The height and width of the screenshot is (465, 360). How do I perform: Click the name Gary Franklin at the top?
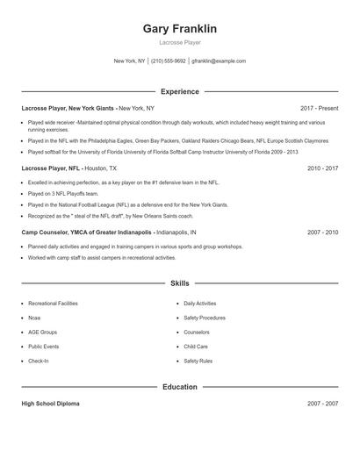[179, 29]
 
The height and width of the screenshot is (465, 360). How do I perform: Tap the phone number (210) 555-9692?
[169, 61]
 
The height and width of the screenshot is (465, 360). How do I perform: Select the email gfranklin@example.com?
[219, 61]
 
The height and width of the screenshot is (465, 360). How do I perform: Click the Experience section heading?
[179, 91]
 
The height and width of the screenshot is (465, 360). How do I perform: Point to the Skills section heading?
[179, 283]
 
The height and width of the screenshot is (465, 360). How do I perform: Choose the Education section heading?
[179, 386]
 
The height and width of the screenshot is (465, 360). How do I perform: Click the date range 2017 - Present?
[319, 108]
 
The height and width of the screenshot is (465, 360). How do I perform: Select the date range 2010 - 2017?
[322, 167]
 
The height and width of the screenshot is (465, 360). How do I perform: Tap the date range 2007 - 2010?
[322, 232]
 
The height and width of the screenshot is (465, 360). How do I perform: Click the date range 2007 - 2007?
[322, 404]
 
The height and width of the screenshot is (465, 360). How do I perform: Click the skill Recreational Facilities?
[53, 304]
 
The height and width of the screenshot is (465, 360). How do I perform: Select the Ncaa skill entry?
[34, 318]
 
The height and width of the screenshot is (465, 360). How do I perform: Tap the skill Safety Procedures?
[205, 318]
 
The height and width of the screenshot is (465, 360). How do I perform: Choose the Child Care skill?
[197, 347]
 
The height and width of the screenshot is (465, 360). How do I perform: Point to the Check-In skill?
[39, 361]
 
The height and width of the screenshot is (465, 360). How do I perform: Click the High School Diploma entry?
[50, 404]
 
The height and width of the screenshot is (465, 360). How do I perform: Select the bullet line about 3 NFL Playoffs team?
[63, 193]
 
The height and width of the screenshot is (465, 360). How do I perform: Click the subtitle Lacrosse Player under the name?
[179, 42]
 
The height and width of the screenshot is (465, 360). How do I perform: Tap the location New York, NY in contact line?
[129, 61]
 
